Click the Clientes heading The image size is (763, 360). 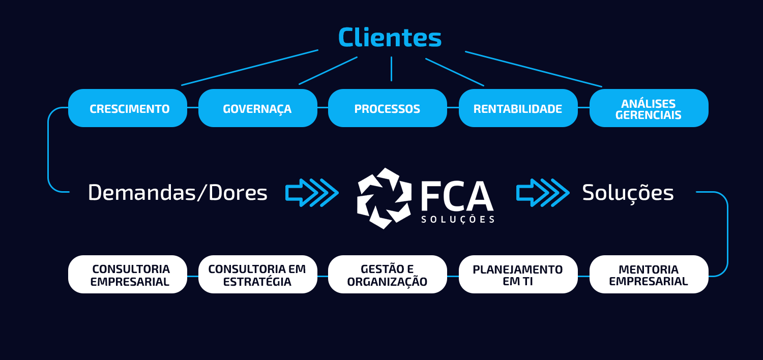(x=390, y=38)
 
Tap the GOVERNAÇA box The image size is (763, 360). (x=257, y=108)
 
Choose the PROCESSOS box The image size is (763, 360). (x=387, y=108)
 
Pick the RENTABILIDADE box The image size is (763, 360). (x=518, y=108)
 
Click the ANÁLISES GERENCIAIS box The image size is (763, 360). (x=649, y=108)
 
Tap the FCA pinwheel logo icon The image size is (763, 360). (x=384, y=198)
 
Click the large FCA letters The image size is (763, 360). (x=457, y=196)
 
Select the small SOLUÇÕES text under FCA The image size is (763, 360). (x=458, y=220)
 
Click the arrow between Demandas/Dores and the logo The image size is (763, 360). (x=312, y=193)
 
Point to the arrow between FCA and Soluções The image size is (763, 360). (x=543, y=193)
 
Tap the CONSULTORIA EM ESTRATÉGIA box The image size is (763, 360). (x=257, y=275)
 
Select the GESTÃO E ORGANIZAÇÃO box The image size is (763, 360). (x=387, y=275)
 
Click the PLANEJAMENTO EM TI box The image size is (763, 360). (x=518, y=275)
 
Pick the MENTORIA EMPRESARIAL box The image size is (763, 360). (x=649, y=275)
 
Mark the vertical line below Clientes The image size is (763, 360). (x=391, y=69)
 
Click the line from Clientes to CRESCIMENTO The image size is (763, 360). (x=249, y=68)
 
